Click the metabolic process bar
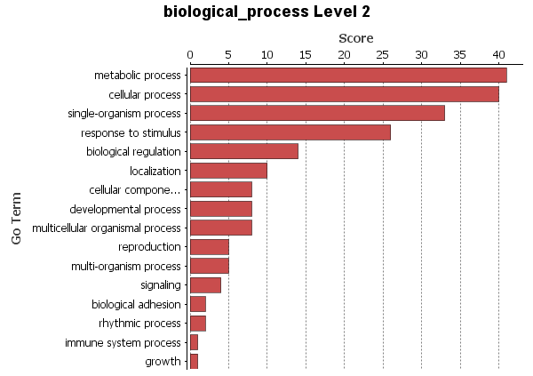(348, 76)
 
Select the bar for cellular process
(344, 94)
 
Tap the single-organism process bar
(317, 113)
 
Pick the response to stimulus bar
(290, 132)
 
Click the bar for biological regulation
(243, 151)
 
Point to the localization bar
(228, 171)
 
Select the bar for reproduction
(209, 247)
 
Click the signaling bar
(205, 285)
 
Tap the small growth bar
(194, 361)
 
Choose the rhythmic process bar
(197, 324)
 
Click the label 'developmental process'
(125, 209)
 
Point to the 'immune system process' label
(123, 342)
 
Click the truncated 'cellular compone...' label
(135, 190)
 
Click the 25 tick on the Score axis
(383, 54)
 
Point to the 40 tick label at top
(498, 54)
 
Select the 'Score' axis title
(355, 38)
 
